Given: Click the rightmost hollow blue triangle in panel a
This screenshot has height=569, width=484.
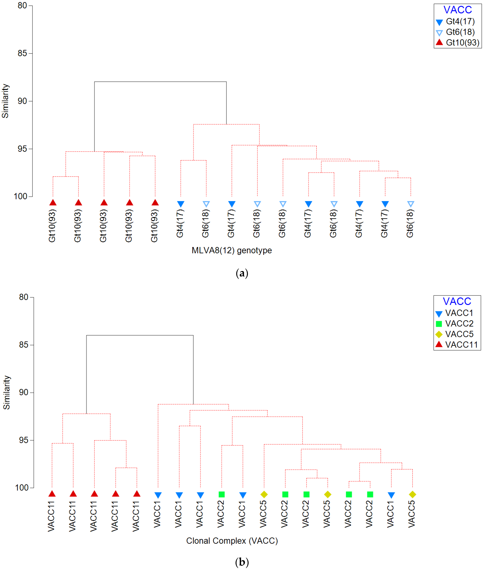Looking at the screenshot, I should (x=410, y=204).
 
